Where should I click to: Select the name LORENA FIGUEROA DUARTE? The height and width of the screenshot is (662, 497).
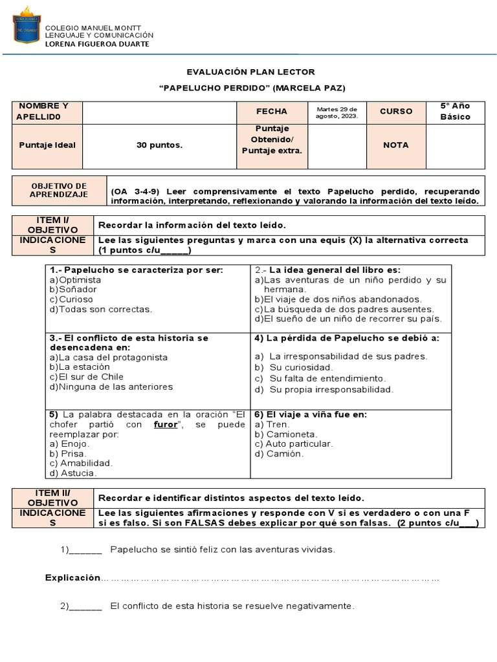96,44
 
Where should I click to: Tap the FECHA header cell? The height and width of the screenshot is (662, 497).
272,111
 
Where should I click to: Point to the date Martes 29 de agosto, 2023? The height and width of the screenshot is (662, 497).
337,111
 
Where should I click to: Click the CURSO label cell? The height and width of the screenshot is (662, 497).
395,111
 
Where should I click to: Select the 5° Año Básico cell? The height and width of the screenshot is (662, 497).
455,111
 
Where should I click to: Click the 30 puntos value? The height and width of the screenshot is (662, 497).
159,145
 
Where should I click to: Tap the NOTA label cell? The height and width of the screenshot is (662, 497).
395,145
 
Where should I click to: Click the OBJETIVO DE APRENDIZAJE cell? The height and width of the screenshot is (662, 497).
59,190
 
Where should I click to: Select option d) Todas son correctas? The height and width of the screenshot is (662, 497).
101,309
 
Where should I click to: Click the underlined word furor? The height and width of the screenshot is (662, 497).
166,425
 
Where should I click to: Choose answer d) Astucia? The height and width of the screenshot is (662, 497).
73,473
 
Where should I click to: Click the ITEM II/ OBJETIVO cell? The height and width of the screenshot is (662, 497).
53,498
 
